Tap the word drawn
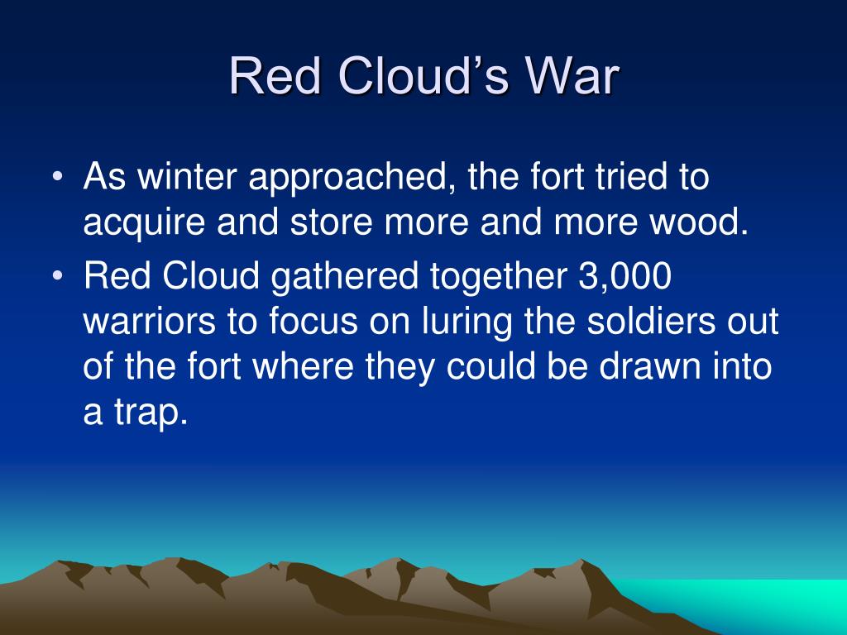click(x=649, y=368)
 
